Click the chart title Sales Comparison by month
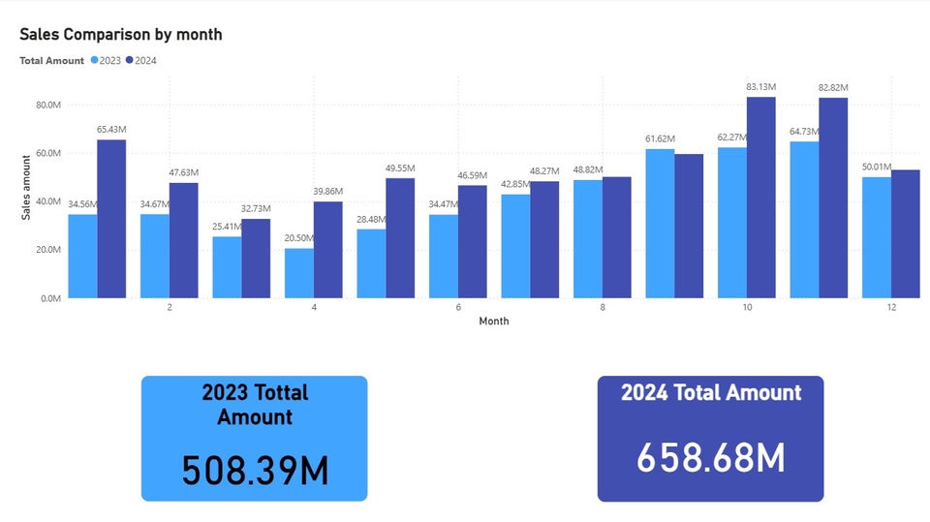[121, 35]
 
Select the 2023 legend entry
[107, 60]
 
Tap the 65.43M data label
[111, 129]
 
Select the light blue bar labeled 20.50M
[299, 273]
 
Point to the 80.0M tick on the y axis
[47, 105]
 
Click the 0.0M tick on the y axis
[50, 298]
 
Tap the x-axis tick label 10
[747, 308]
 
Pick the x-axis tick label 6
[458, 308]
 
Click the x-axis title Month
[493, 322]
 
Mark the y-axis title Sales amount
[27, 186]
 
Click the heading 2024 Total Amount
[710, 392]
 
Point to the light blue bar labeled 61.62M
[660, 224]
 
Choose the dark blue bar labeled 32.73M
[256, 259]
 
